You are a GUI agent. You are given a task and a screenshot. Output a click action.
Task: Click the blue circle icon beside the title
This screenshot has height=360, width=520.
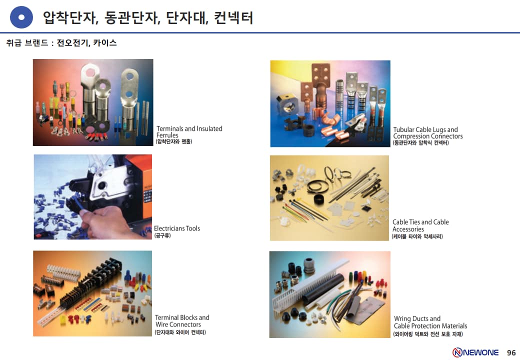21,17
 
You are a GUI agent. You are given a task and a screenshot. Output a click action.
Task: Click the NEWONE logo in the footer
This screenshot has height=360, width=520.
475,352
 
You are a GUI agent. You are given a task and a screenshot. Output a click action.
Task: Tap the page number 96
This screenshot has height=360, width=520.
511,352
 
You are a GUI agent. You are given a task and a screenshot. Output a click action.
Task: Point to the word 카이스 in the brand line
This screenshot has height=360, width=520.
105,43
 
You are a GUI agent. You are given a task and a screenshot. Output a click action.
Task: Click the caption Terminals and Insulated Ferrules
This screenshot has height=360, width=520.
189,132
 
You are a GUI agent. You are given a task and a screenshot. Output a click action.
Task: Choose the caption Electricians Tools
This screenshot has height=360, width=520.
177,228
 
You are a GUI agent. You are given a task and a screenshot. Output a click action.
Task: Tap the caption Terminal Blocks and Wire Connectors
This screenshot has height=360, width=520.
182,321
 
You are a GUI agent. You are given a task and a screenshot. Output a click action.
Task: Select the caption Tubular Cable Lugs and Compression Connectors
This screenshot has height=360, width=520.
428,133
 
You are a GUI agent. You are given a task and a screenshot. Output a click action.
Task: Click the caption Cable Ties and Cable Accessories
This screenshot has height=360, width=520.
420,225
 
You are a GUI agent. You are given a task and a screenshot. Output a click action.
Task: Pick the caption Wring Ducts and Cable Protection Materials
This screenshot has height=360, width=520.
430,322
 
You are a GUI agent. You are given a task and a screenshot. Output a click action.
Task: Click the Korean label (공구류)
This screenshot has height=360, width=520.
162,235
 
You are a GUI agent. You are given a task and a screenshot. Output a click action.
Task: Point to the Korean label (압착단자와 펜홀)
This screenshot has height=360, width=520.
174,141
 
